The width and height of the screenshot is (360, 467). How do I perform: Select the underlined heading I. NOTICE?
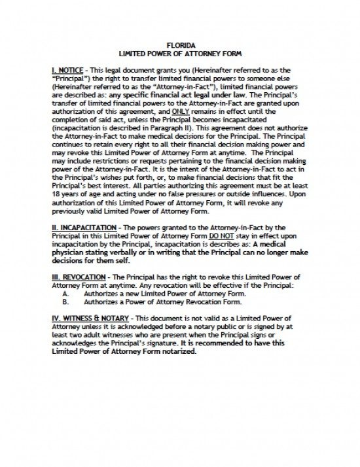67,69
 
